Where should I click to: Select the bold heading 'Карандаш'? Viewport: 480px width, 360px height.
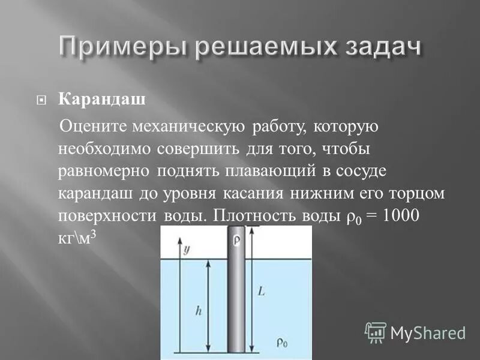click(101, 99)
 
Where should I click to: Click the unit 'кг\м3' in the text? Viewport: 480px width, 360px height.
click(77, 238)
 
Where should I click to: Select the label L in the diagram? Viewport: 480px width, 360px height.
click(262, 291)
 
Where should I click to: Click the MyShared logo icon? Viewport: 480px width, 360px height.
click(376, 332)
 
